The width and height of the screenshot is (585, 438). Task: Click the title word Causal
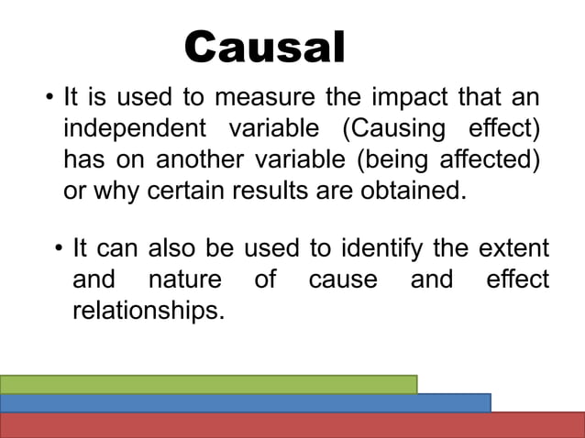coord(265,48)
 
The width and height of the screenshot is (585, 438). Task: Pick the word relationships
coord(148,311)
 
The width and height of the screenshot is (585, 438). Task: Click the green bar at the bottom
coord(208,384)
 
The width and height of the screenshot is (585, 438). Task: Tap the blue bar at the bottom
coord(245,402)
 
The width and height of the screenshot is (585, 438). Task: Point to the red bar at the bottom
coord(292,425)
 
